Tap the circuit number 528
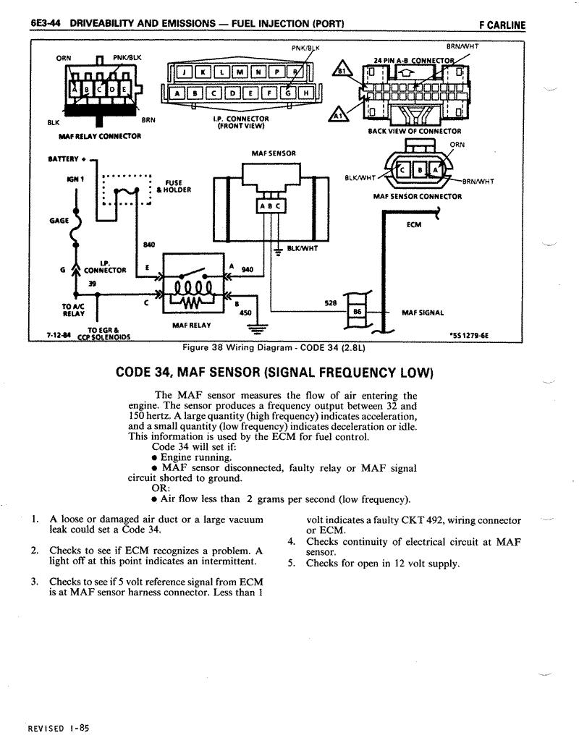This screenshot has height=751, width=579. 331,303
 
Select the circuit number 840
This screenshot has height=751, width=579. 149,245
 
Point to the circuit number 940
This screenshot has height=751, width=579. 248,270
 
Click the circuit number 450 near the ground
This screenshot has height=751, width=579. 245,313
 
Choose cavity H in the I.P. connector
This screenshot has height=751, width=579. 305,93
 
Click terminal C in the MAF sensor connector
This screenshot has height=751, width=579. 402,169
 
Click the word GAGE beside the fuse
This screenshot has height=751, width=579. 59,221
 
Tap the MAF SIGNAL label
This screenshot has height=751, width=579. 423,313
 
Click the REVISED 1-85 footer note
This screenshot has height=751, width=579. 59,729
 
